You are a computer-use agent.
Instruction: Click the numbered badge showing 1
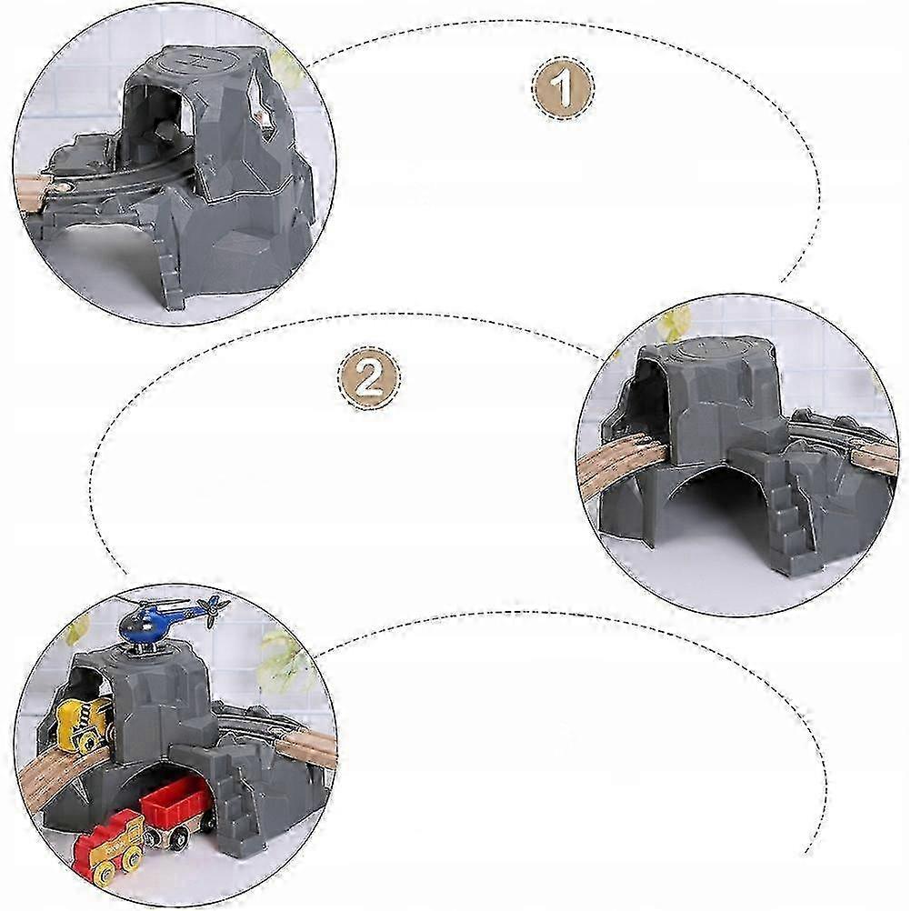563,87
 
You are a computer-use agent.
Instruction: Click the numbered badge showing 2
368,377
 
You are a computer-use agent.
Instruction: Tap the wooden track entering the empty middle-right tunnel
623,465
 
